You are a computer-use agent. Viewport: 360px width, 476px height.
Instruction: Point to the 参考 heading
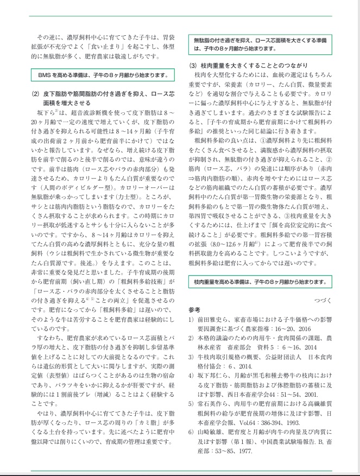(x=194, y=309)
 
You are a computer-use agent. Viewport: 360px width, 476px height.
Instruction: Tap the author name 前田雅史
(x=210, y=319)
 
